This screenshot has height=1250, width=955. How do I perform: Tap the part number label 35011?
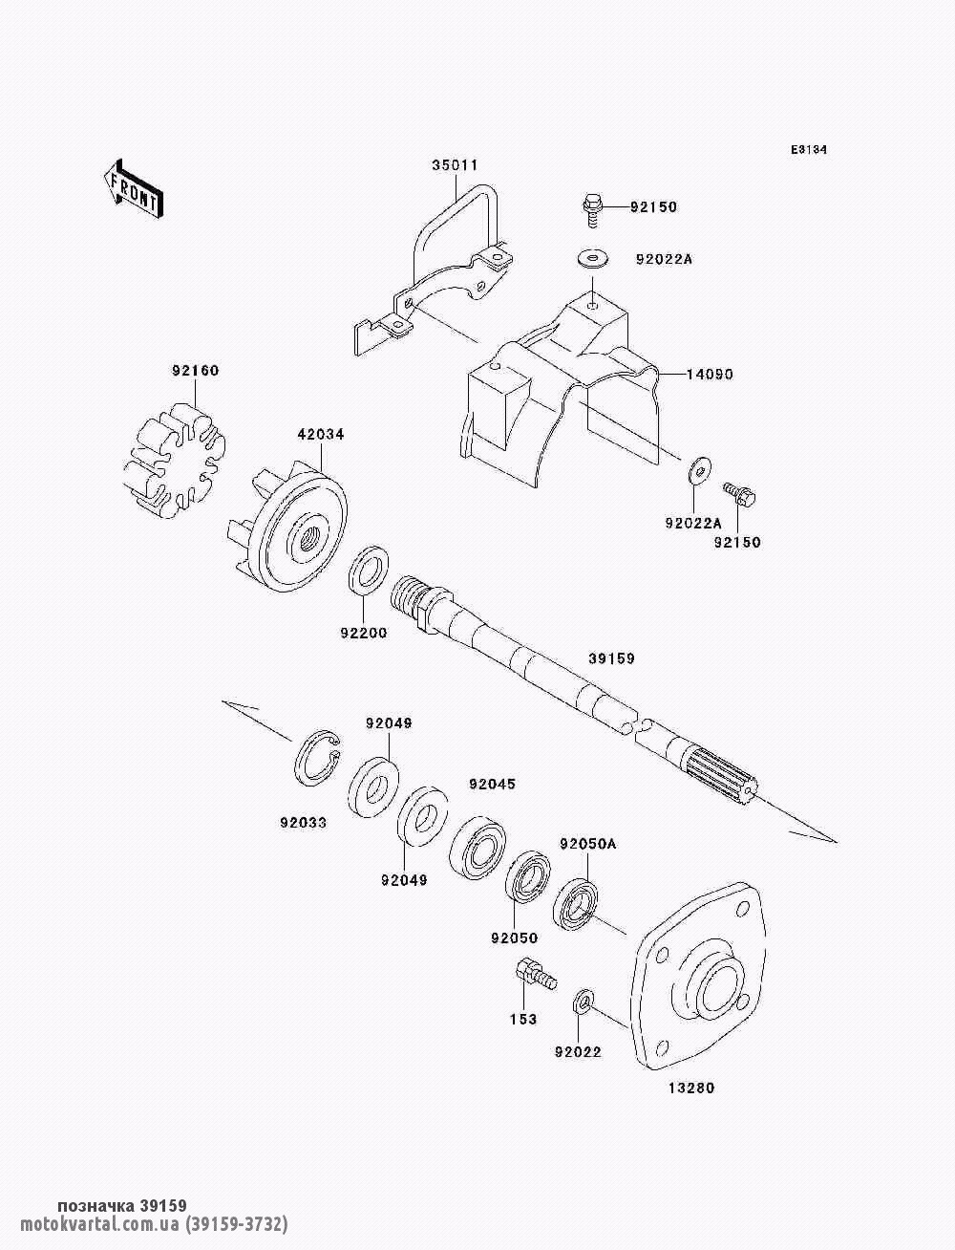coord(455,165)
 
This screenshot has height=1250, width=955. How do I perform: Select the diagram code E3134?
coord(808,150)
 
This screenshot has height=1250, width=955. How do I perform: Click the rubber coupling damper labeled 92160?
coord(175,460)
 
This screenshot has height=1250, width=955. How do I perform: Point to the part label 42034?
coord(321,435)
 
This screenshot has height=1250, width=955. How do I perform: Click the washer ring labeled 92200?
coord(369,576)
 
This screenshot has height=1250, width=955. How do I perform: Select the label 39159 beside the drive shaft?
coord(611,658)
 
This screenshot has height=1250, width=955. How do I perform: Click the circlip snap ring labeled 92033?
coord(317,758)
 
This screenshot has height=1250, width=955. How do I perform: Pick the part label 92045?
coord(492,785)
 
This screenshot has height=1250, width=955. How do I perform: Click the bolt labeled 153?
coord(536,978)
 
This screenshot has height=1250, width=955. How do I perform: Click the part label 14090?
coord(710,375)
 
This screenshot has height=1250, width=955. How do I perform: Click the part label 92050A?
coord(588,844)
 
